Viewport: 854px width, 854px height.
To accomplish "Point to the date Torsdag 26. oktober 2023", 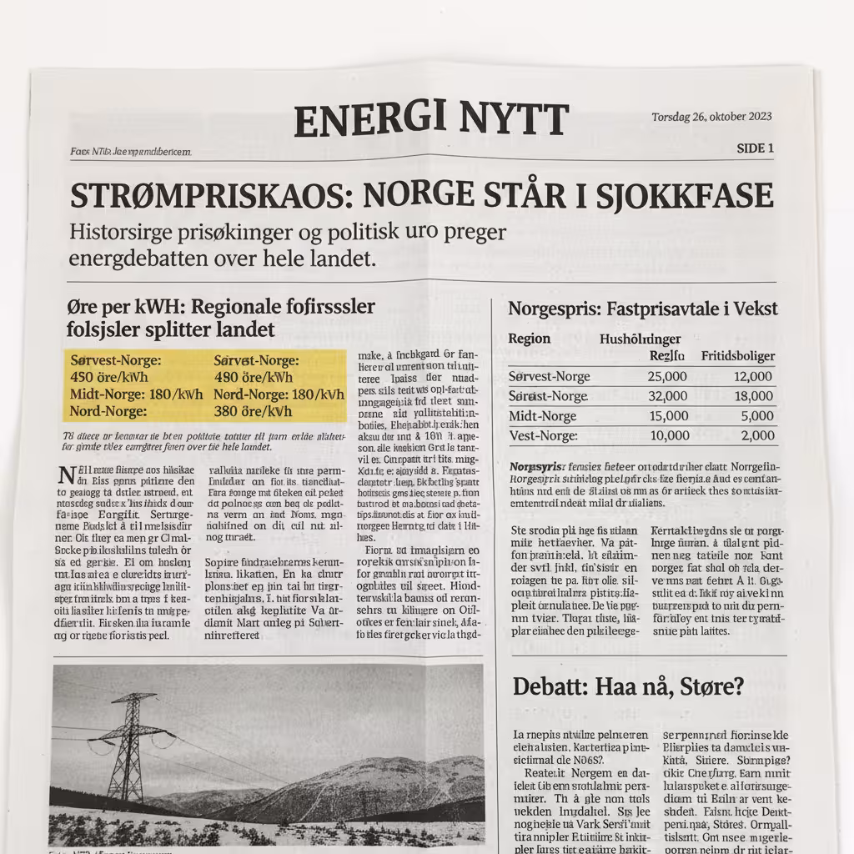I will pyautogui.click(x=711, y=117).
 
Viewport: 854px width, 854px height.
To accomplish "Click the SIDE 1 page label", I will pyautogui.click(x=755, y=148).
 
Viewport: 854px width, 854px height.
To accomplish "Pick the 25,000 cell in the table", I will pyautogui.click(x=666, y=376).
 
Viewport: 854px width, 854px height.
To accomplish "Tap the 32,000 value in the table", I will pyautogui.click(x=666, y=396).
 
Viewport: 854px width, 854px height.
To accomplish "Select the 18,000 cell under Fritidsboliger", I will pyautogui.click(x=753, y=396).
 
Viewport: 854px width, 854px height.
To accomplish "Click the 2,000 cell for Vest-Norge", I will pyautogui.click(x=757, y=435).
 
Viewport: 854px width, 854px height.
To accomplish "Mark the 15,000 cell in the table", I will pyautogui.click(x=666, y=416).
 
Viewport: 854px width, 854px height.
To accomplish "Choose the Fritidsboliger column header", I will pyautogui.click(x=738, y=356).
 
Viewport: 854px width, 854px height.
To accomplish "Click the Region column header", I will pyautogui.click(x=530, y=339).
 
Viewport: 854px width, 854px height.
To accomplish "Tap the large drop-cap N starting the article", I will pyautogui.click(x=66, y=476).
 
